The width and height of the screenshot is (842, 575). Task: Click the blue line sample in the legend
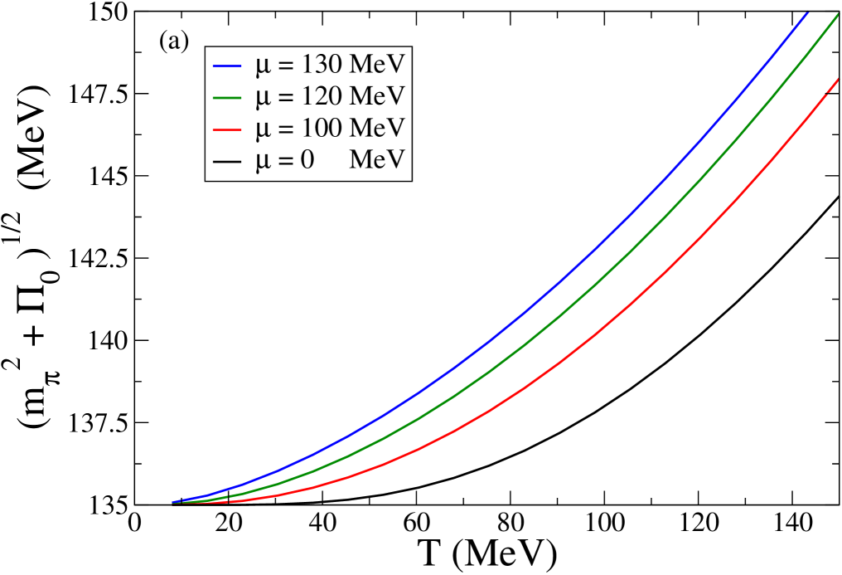[226, 66]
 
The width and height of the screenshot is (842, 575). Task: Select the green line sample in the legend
[226, 97]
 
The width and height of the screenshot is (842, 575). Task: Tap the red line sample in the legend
[226, 129]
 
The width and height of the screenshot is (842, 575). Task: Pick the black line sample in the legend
[226, 160]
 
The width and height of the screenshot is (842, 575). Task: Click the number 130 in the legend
[319, 64]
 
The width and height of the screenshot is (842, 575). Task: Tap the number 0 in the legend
[307, 159]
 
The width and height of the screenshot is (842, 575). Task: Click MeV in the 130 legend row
[376, 64]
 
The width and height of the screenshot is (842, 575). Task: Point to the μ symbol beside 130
[263, 66]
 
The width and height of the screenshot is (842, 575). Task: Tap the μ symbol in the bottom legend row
[263, 161]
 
